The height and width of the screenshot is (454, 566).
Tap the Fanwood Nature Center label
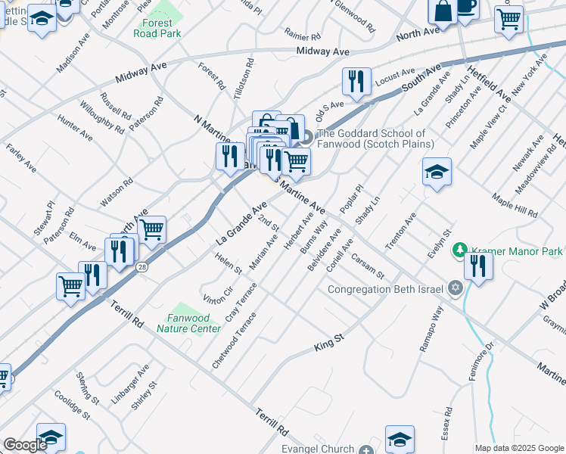(x=188, y=323)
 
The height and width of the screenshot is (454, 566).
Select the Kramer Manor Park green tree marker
(x=459, y=250)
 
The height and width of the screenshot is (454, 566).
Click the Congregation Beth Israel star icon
(x=455, y=288)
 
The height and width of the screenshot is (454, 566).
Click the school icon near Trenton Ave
(x=437, y=173)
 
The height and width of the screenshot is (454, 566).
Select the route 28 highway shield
(x=141, y=267)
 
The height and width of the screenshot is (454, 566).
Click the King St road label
(x=329, y=347)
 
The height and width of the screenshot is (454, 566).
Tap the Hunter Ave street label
(x=74, y=128)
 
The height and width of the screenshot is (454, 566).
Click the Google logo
(x=25, y=445)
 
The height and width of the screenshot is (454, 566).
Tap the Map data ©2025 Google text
(x=519, y=448)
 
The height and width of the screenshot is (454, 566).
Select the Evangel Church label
(x=318, y=449)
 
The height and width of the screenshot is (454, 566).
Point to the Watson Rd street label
(x=117, y=192)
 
